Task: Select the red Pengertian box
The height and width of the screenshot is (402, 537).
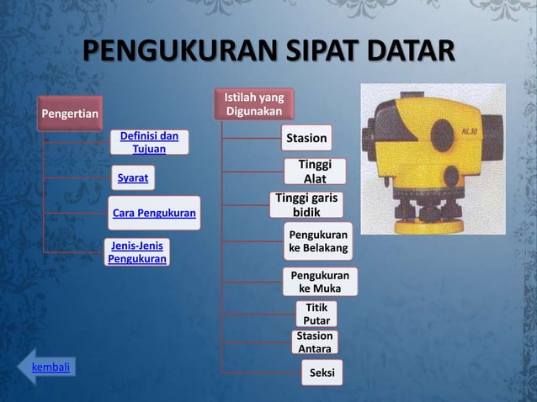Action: coord(71,114)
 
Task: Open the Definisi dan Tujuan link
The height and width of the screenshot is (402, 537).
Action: coord(149,141)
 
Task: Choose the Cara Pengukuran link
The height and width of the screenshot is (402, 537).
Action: coord(154,214)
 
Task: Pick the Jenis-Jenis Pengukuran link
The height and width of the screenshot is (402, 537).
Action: coord(137,251)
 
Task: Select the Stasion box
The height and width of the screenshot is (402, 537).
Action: coord(306,138)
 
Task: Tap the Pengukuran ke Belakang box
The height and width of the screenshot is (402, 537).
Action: coord(318,241)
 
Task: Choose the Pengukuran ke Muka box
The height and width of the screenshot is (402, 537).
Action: coord(320,283)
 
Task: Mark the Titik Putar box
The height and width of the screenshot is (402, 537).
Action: coord(317,314)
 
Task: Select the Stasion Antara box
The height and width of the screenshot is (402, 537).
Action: coord(315,341)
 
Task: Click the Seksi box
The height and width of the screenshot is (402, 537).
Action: coord(322,372)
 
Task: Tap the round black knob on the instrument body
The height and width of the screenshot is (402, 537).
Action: coord(443,134)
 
